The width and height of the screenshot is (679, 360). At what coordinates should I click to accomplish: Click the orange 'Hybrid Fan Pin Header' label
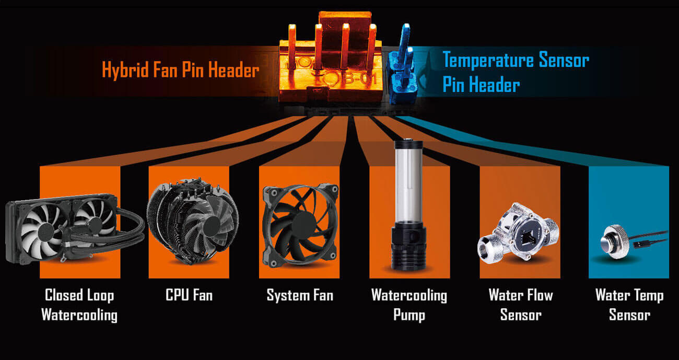click(181, 70)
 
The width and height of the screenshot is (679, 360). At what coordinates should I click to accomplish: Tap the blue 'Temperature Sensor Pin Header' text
click(516, 72)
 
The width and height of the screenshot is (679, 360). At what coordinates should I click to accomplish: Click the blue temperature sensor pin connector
click(402, 65)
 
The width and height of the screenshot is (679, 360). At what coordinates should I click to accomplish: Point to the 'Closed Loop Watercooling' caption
click(79, 305)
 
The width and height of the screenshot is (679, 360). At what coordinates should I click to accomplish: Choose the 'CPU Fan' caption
click(189, 295)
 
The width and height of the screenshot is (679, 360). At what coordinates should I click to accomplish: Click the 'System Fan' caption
click(300, 295)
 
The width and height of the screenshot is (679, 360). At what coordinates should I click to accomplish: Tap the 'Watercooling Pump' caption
click(409, 305)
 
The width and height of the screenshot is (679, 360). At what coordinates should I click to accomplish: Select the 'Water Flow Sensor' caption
click(521, 305)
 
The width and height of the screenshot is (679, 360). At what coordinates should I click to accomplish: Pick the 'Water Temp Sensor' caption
click(629, 305)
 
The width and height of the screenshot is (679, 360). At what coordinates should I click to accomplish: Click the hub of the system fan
click(301, 225)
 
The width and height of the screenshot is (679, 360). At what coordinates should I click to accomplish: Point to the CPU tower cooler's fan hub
click(212, 226)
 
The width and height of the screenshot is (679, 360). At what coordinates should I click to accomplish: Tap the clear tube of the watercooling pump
click(408, 183)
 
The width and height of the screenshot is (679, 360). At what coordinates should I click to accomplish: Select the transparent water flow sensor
click(518, 233)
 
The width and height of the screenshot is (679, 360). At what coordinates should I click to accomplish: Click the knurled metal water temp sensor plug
click(615, 241)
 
